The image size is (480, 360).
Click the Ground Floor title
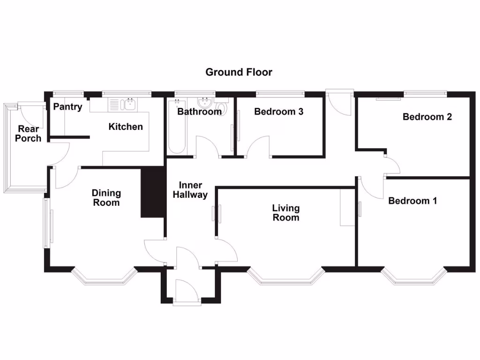[x=239, y=72]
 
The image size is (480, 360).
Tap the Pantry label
[x=67, y=107]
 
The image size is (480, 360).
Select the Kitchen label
[x=126, y=127]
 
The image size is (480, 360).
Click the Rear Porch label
[x=28, y=134]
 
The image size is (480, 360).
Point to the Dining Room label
[x=106, y=198]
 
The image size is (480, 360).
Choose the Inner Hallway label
[x=190, y=190]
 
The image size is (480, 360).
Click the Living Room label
[x=286, y=213]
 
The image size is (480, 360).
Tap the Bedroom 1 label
[x=412, y=201]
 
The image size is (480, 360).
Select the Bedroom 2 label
[x=427, y=117]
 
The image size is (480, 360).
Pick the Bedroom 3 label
[x=278, y=112]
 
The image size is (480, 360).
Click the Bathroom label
[x=199, y=112]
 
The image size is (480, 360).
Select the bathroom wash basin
[x=204, y=102]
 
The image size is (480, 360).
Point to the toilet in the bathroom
[x=222, y=107]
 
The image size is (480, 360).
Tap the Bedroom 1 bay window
[x=412, y=278]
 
